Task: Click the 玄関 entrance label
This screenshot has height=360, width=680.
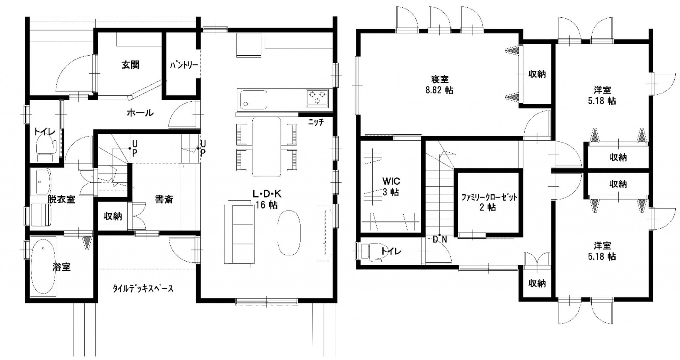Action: point(130,65)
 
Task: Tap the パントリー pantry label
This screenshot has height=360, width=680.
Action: point(184,65)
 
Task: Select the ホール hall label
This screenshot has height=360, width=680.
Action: point(140,113)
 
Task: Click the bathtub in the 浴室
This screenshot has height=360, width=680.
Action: point(43,267)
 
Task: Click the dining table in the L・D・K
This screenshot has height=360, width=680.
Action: point(267,147)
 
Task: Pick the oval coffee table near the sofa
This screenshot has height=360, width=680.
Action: point(289,233)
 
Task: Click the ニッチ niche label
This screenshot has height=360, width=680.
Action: point(316,122)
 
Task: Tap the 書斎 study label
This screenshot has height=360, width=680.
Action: point(164,199)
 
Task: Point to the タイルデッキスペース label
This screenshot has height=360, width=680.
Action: point(143,288)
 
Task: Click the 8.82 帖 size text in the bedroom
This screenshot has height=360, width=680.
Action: point(439,90)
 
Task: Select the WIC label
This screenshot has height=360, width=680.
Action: point(391,181)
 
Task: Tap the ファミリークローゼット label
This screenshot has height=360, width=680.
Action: point(489,198)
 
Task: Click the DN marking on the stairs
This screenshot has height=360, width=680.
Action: point(440,239)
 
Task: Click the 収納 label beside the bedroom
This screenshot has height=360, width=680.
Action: point(537,74)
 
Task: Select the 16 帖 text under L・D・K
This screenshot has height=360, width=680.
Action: point(266,205)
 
